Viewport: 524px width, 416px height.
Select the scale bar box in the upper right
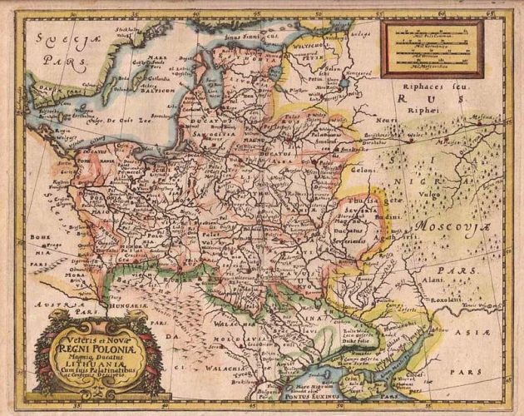tap(431, 48)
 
